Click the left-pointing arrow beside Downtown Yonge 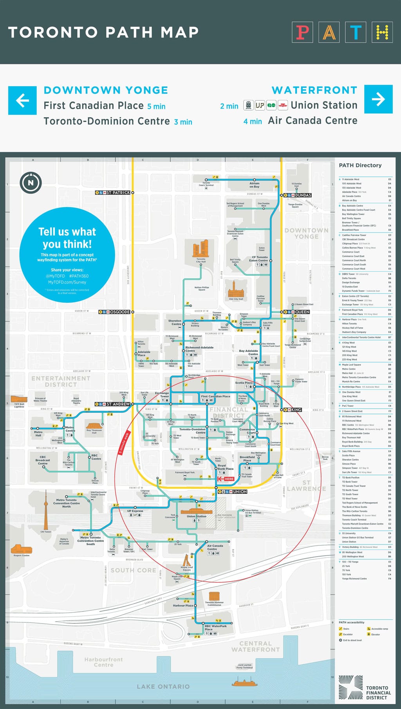22,100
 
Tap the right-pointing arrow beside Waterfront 378,99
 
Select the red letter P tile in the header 302,33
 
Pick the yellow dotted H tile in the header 382,33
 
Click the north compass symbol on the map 31,183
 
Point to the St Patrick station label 115,193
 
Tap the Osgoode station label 116,312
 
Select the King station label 294,410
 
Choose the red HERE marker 226,479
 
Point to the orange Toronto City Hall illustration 200,249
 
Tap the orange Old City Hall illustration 236,289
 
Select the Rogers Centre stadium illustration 21,548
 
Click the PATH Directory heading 360,165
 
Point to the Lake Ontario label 163,686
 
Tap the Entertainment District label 61,381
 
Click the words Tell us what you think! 67,238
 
